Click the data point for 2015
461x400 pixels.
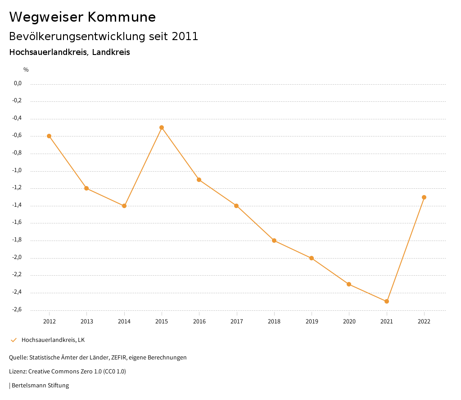coord(162,127)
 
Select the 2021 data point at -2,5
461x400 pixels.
coord(387,301)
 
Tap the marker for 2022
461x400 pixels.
coord(424,197)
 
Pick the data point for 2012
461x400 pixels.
coord(49,136)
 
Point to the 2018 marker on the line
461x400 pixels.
coord(274,241)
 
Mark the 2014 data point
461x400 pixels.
coord(124,206)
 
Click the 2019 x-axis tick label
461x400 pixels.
coord(312,321)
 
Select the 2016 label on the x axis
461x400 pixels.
coord(199,321)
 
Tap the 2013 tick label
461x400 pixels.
coord(87,321)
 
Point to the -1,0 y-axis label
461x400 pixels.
coord(18,171)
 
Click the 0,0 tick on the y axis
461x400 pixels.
coord(18,83)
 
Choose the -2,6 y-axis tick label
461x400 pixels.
coord(18,309)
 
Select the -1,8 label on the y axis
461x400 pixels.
coord(18,240)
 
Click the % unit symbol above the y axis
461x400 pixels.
coord(26,70)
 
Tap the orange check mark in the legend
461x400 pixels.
coord(14,340)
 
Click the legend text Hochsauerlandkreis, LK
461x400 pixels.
coord(53,340)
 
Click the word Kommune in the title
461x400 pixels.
coord(122,17)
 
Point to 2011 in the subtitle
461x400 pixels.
coord(185,36)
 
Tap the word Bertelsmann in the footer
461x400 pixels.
coord(29,386)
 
